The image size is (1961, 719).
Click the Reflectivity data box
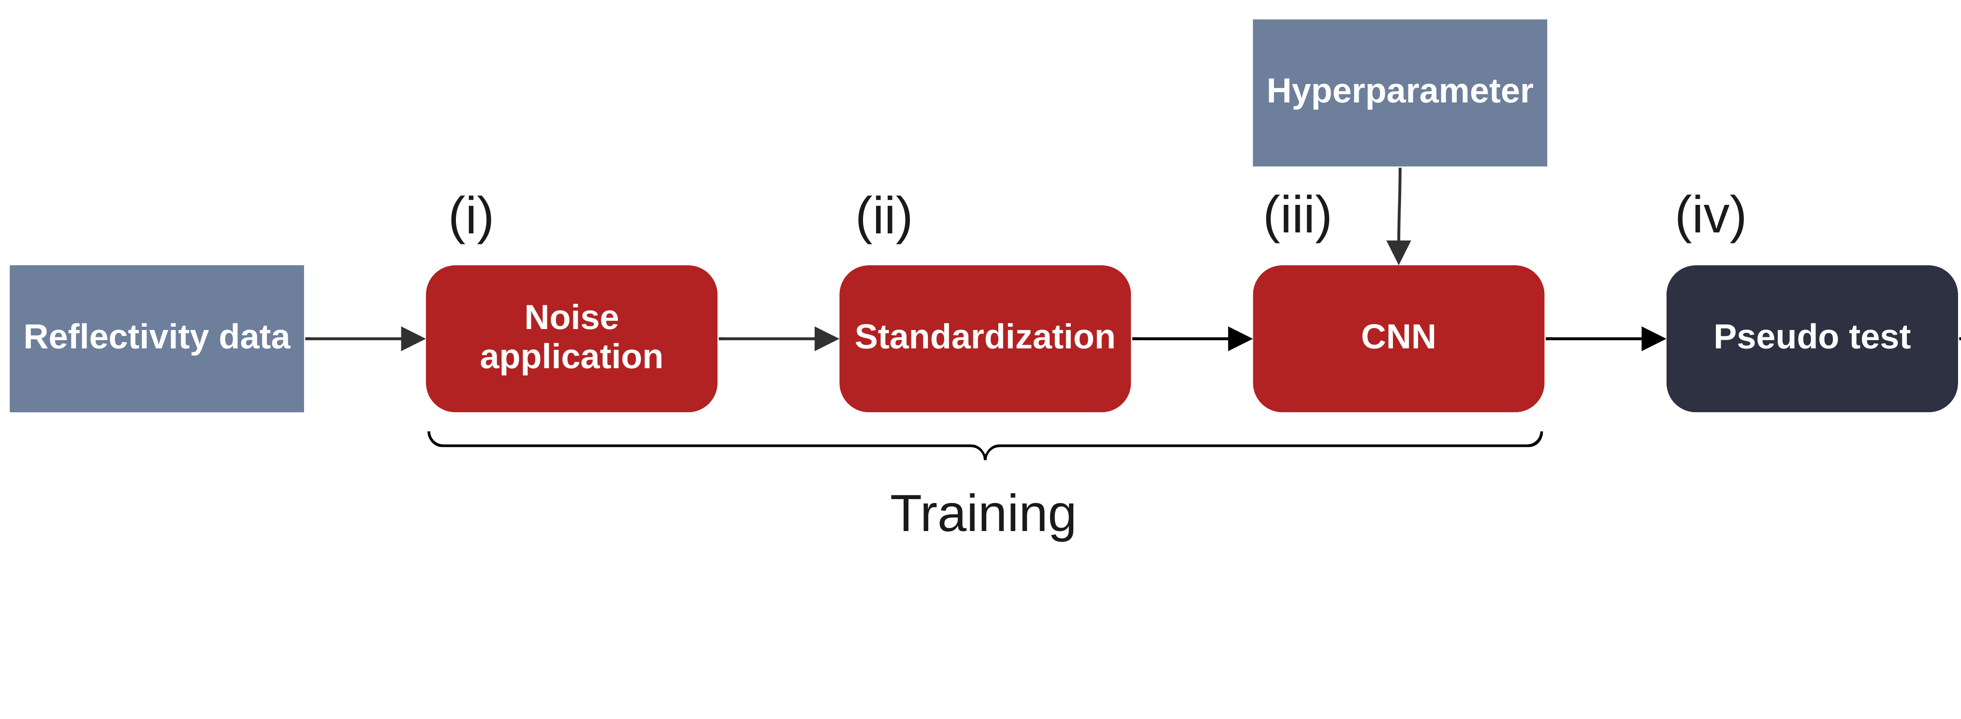click(156, 339)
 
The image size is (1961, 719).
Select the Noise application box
click(571, 339)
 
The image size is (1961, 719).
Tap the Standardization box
click(984, 339)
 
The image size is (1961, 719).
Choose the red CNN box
click(1398, 339)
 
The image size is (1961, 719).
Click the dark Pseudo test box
click(1811, 339)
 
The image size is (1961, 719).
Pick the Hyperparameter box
click(1399, 92)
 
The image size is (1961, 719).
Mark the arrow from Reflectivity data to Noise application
click(364, 339)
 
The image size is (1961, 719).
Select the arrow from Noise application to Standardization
click(777, 339)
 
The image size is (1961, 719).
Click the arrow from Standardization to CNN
click(1191, 339)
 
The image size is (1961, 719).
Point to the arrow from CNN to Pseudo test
click(1604, 339)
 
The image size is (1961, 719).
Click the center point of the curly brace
click(985, 453)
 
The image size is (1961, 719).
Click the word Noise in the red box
click(571, 317)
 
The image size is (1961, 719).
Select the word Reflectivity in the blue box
click(116, 337)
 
